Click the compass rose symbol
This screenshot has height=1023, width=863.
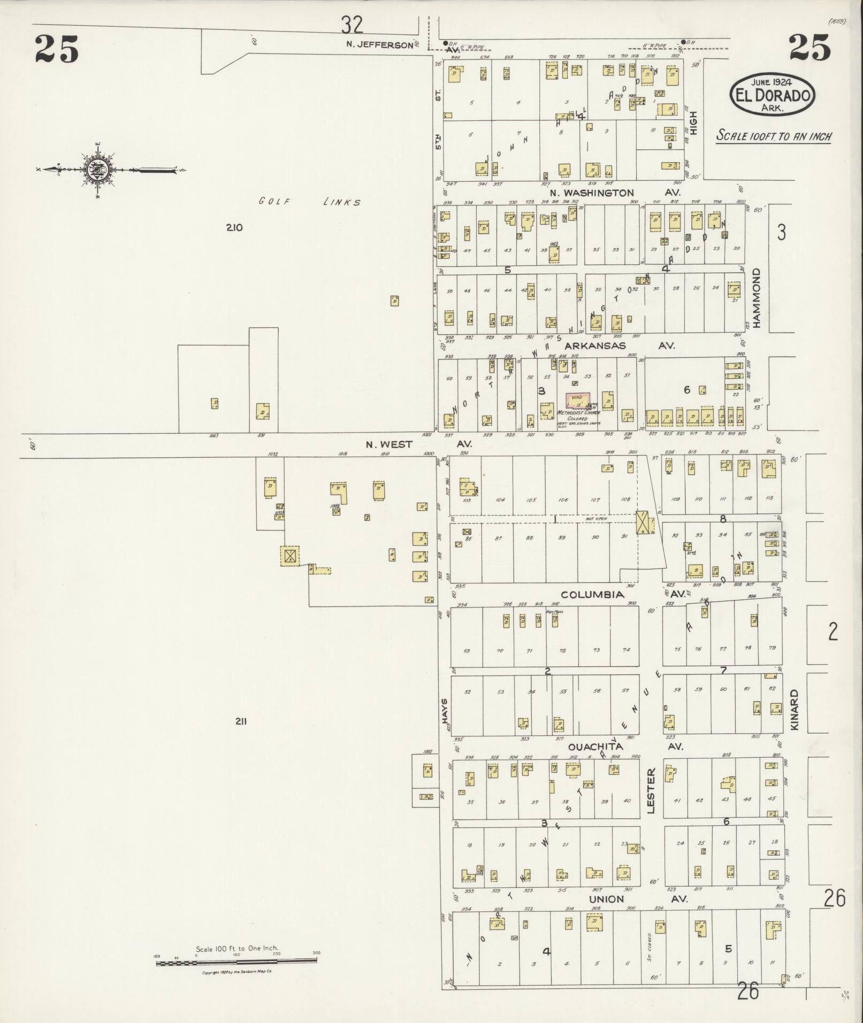pyautogui.click(x=97, y=170)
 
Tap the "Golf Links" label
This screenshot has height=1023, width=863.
pyautogui.click(x=309, y=202)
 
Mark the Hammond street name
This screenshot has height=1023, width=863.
pyautogui.click(x=757, y=297)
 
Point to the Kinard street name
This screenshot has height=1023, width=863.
pyautogui.click(x=794, y=710)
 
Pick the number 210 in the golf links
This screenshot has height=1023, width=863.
pyautogui.click(x=234, y=227)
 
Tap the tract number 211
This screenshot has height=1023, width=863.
pyautogui.click(x=240, y=721)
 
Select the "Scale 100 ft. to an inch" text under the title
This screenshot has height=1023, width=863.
pyautogui.click(x=774, y=136)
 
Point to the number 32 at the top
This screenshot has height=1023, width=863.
pyautogui.click(x=352, y=25)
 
